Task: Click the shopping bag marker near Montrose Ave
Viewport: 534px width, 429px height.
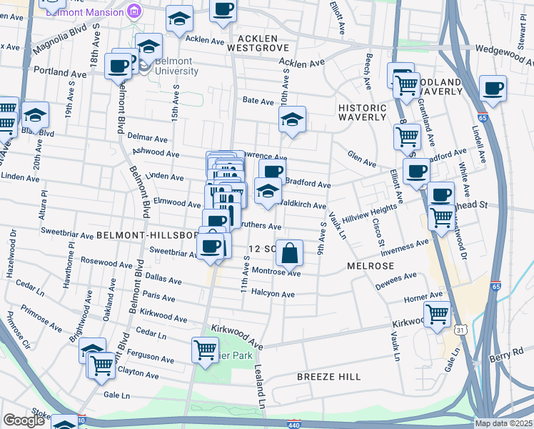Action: click(x=290, y=253)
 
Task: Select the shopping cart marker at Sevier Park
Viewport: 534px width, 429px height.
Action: click(x=205, y=350)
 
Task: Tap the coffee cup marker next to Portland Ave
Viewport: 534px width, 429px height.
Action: click(x=119, y=66)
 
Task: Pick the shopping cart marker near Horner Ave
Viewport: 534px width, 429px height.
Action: click(x=437, y=313)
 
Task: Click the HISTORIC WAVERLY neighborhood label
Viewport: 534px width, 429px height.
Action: click(x=362, y=113)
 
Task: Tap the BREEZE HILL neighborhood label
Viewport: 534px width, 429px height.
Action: click(x=328, y=376)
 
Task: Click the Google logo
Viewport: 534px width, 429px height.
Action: click(x=24, y=420)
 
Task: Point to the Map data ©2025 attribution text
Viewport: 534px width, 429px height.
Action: click(x=503, y=423)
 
